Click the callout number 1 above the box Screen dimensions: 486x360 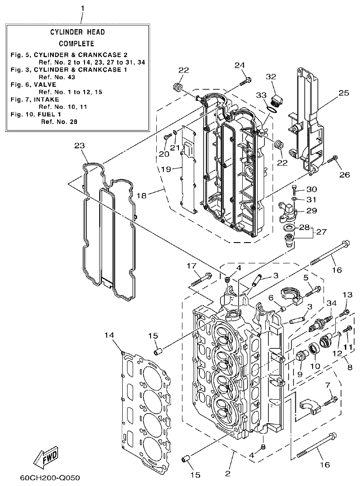click(x=81, y=8)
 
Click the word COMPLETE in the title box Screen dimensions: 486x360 click(x=76, y=43)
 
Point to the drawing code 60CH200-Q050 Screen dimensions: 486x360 click(x=50, y=478)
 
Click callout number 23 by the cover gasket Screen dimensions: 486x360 click(x=79, y=146)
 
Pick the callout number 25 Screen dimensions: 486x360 click(x=344, y=93)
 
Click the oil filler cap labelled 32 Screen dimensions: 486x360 click(x=276, y=101)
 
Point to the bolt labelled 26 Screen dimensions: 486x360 click(x=333, y=159)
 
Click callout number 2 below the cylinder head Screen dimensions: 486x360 click(x=228, y=474)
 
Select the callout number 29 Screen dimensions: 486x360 click(x=311, y=211)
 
